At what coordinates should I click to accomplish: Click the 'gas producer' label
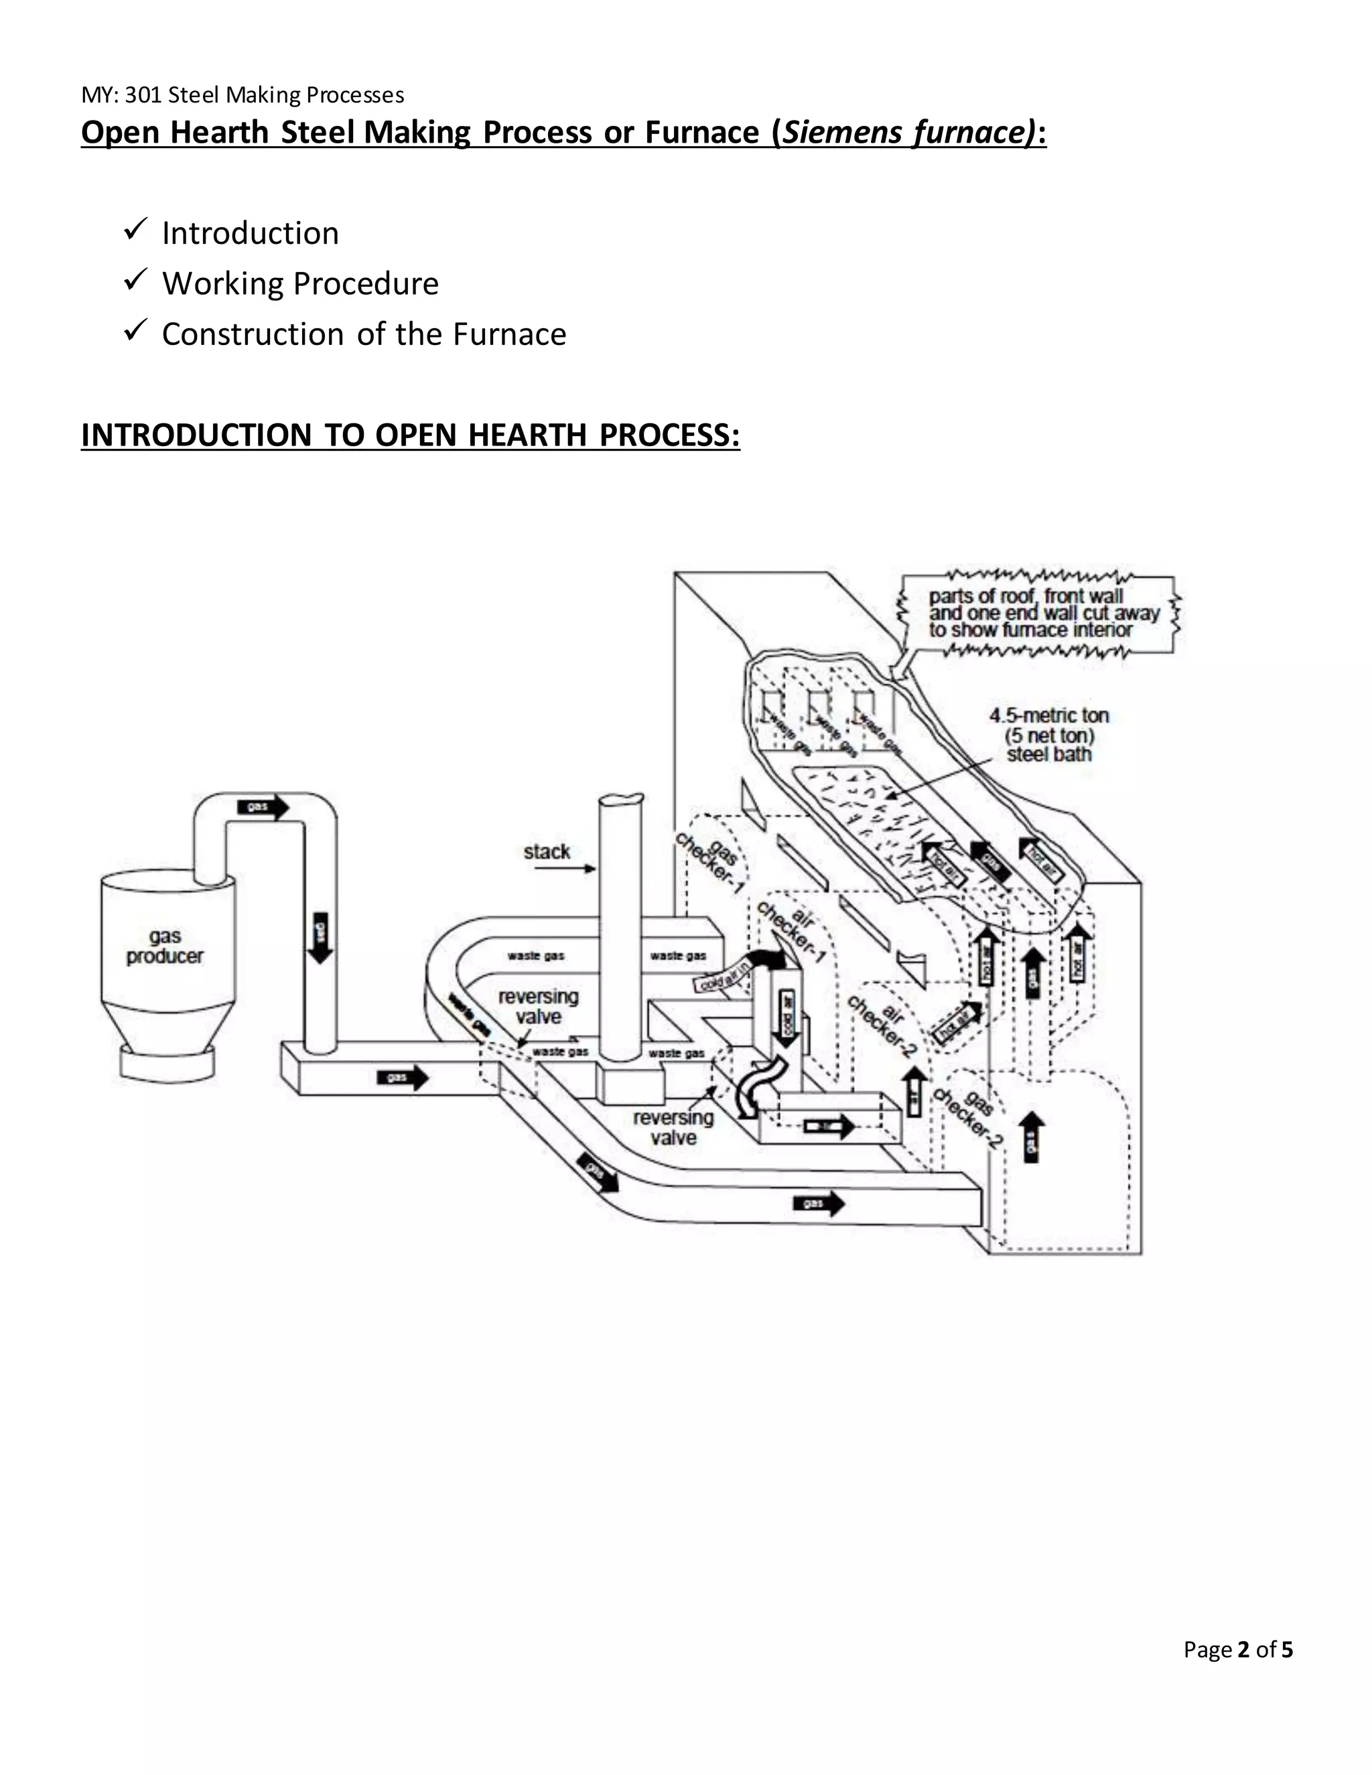[x=164, y=946]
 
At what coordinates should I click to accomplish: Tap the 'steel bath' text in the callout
[x=1048, y=754]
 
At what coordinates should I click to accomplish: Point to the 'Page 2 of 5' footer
[x=1237, y=1649]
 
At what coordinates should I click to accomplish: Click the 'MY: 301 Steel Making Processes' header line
[x=243, y=95]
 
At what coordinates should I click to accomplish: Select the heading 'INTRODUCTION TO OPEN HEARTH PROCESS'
[x=411, y=435]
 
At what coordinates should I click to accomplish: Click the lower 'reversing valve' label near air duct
[x=673, y=1127]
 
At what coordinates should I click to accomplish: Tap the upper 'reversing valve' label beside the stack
[x=538, y=1006]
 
